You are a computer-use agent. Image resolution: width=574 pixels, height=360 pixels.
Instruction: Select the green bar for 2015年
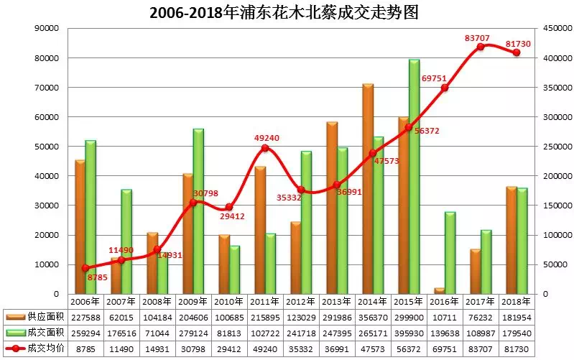pyautogui.click(x=415, y=177)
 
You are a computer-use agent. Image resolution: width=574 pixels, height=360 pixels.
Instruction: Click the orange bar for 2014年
pyautogui.click(x=368, y=190)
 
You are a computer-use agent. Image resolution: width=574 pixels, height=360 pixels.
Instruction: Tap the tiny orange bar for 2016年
pyautogui.click(x=440, y=291)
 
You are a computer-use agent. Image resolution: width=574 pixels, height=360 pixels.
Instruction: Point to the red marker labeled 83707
pyautogui.click(x=481, y=47)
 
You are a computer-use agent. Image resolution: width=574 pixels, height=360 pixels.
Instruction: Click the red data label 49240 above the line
pyautogui.click(x=265, y=137)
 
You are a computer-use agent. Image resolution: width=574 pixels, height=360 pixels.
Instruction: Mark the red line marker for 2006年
pyautogui.click(x=85, y=268)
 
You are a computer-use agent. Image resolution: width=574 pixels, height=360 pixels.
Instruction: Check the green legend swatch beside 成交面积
pyautogui.click(x=16, y=333)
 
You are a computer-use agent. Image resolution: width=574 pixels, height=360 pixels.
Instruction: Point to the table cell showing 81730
pyautogui.click(x=517, y=349)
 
